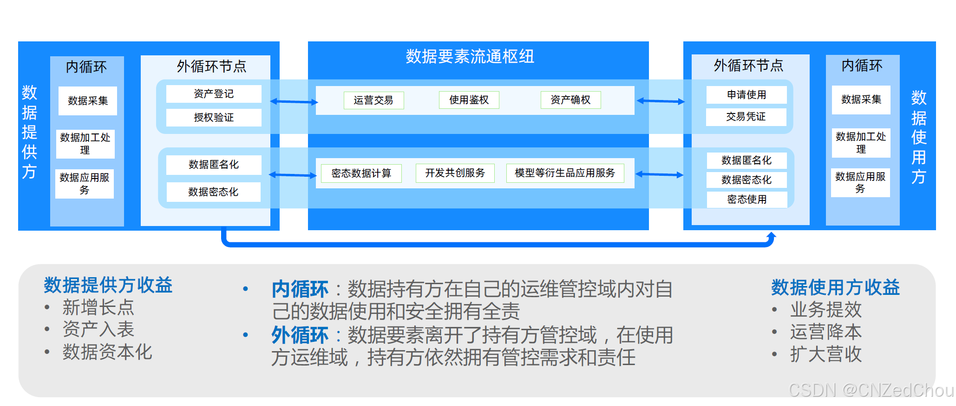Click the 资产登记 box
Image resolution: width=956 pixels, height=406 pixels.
[x=214, y=94]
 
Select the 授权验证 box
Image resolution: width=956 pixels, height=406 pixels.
[x=214, y=118]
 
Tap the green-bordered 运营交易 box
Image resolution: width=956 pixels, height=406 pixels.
[x=373, y=100]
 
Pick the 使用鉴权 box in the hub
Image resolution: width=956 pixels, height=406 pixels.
[x=469, y=100]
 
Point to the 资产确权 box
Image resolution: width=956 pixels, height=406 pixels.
[x=570, y=100]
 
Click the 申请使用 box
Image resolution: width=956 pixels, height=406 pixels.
[x=746, y=95]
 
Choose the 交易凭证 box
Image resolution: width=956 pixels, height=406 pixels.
[x=746, y=117]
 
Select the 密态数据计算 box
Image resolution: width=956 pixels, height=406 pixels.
[x=361, y=173]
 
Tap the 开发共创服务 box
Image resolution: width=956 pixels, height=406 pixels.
[x=455, y=173]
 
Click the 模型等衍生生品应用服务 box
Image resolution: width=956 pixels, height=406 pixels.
[x=565, y=173]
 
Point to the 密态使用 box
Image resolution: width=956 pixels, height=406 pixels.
[x=747, y=200]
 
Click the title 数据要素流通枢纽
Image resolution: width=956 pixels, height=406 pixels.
[x=470, y=56]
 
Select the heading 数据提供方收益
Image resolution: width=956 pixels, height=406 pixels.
[x=108, y=285]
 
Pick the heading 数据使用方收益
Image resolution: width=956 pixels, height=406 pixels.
[x=835, y=287]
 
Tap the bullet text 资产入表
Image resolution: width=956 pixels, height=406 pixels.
[x=98, y=329]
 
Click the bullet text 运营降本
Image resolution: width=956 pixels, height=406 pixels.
[x=826, y=332]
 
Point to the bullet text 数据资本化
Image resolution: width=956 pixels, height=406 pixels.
[x=107, y=352]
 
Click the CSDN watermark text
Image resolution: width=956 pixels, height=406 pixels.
[x=871, y=390]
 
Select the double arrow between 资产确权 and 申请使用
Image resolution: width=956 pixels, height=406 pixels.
[x=661, y=101]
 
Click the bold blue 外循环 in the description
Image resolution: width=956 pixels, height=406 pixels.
[x=300, y=335]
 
